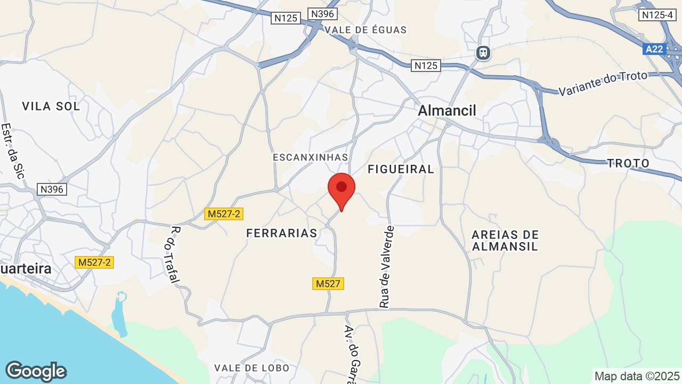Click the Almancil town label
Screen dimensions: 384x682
click(x=447, y=110)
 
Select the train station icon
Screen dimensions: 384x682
click(x=483, y=53)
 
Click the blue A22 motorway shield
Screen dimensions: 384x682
click(x=654, y=49)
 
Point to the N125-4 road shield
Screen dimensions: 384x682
click(x=657, y=15)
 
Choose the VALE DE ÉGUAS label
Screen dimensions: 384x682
click(x=366, y=30)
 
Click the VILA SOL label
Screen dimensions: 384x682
click(x=51, y=106)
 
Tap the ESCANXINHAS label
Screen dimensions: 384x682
click(x=310, y=157)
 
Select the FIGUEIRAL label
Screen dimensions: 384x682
click(x=401, y=169)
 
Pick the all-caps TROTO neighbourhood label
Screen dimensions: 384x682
click(x=629, y=163)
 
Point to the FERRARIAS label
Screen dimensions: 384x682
click(x=282, y=233)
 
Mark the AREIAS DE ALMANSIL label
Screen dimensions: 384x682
click(x=505, y=241)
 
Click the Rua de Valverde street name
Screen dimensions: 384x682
click(x=387, y=267)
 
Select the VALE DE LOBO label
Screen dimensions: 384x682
click(x=251, y=368)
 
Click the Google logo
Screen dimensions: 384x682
click(x=36, y=371)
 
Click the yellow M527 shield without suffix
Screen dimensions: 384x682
click(x=328, y=284)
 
